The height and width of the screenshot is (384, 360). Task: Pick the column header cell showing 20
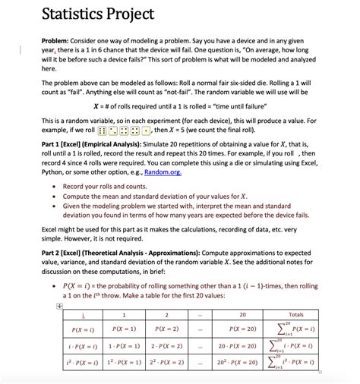click(x=242, y=314)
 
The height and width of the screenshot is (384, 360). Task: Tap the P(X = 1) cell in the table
click(x=124, y=329)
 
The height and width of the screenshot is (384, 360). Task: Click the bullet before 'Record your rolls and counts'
click(x=55, y=186)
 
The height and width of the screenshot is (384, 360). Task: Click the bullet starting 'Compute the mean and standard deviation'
click(x=55, y=196)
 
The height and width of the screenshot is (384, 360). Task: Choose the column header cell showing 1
click(x=124, y=314)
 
